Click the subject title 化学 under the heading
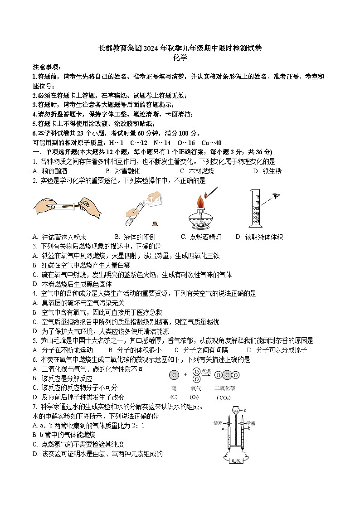click(180, 58)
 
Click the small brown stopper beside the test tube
click(156, 223)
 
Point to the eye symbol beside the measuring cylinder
click(276, 196)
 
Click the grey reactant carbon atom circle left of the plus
click(174, 375)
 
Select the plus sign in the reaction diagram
click(185, 375)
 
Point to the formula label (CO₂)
click(224, 398)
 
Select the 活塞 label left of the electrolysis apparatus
click(219, 423)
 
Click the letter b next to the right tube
click(249, 427)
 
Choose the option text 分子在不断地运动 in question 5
click(67, 350)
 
